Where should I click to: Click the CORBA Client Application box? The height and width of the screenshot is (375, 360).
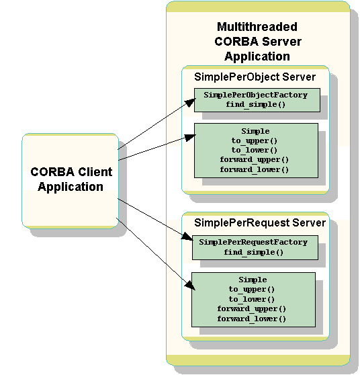pyautogui.click(x=70, y=179)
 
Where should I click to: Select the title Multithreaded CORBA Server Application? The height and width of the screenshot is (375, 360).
pyautogui.click(x=257, y=42)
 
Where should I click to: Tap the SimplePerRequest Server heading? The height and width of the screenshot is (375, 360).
pyautogui.click(x=259, y=222)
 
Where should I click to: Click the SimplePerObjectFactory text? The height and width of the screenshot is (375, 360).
pyautogui.click(x=255, y=95)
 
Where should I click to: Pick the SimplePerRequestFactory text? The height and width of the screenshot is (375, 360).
pyautogui.click(x=255, y=242)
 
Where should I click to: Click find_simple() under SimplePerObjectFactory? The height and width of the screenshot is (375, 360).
pyautogui.click(x=255, y=106)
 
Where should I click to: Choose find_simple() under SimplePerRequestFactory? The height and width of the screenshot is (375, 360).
pyautogui.click(x=255, y=253)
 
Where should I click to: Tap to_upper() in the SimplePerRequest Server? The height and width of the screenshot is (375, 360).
pyautogui.click(x=252, y=289)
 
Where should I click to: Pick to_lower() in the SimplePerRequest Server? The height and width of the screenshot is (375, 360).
pyautogui.click(x=252, y=298)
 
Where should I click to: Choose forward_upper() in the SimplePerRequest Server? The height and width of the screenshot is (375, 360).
pyautogui.click(x=252, y=308)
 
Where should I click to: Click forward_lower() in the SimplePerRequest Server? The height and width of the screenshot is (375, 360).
pyautogui.click(x=252, y=318)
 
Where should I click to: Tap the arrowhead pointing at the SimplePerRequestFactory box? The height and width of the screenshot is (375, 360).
pyautogui.click(x=187, y=236)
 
